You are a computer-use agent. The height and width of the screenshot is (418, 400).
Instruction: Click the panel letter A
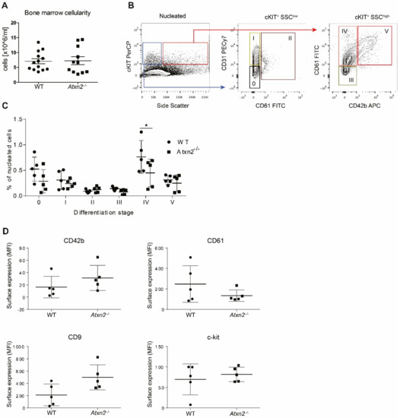click(5, 5)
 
